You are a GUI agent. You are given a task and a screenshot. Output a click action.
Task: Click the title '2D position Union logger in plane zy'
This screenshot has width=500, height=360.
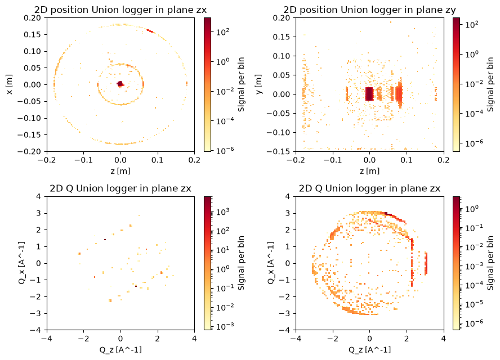tap(369, 10)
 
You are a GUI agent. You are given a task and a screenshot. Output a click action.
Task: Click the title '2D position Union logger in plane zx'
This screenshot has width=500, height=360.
tap(120, 10)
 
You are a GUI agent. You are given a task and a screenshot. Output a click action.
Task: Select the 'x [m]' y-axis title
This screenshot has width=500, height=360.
tap(10, 84)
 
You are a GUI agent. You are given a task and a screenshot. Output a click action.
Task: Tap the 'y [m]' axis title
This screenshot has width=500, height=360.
tap(258, 84)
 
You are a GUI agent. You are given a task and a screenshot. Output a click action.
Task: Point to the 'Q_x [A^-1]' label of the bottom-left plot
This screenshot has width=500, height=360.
tap(21, 263)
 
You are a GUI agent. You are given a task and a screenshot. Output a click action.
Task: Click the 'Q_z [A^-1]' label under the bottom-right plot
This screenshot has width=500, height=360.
tap(369, 350)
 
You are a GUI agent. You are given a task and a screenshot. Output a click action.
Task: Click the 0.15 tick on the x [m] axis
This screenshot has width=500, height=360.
tap(33, 34)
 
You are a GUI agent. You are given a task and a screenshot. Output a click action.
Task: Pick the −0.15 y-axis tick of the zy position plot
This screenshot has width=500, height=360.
tap(278, 151)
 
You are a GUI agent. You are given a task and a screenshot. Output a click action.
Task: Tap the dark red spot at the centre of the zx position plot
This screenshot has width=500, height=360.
tap(120, 84)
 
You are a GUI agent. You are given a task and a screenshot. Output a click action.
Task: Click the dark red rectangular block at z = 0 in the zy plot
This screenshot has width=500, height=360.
tap(369, 94)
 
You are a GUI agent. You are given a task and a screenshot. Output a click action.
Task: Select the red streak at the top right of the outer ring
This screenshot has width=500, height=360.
tap(150, 30)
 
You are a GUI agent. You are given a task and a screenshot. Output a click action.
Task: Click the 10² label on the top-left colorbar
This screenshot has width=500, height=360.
tap(222, 31)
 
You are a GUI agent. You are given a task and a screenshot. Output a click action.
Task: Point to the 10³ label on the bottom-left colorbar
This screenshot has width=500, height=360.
tap(222, 211)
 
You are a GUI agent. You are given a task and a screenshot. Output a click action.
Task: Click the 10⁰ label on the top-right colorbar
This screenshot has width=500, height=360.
tap(471, 54)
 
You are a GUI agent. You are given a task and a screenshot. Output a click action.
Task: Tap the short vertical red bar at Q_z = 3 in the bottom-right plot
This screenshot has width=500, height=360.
tap(426, 263)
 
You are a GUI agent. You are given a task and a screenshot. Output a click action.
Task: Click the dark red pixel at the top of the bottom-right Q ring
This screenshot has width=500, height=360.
tap(386, 213)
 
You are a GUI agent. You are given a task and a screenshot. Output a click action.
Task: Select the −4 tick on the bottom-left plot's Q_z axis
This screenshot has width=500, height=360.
tap(47, 338)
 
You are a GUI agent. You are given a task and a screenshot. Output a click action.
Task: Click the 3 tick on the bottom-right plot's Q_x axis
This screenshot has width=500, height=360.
tap(288, 213)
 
